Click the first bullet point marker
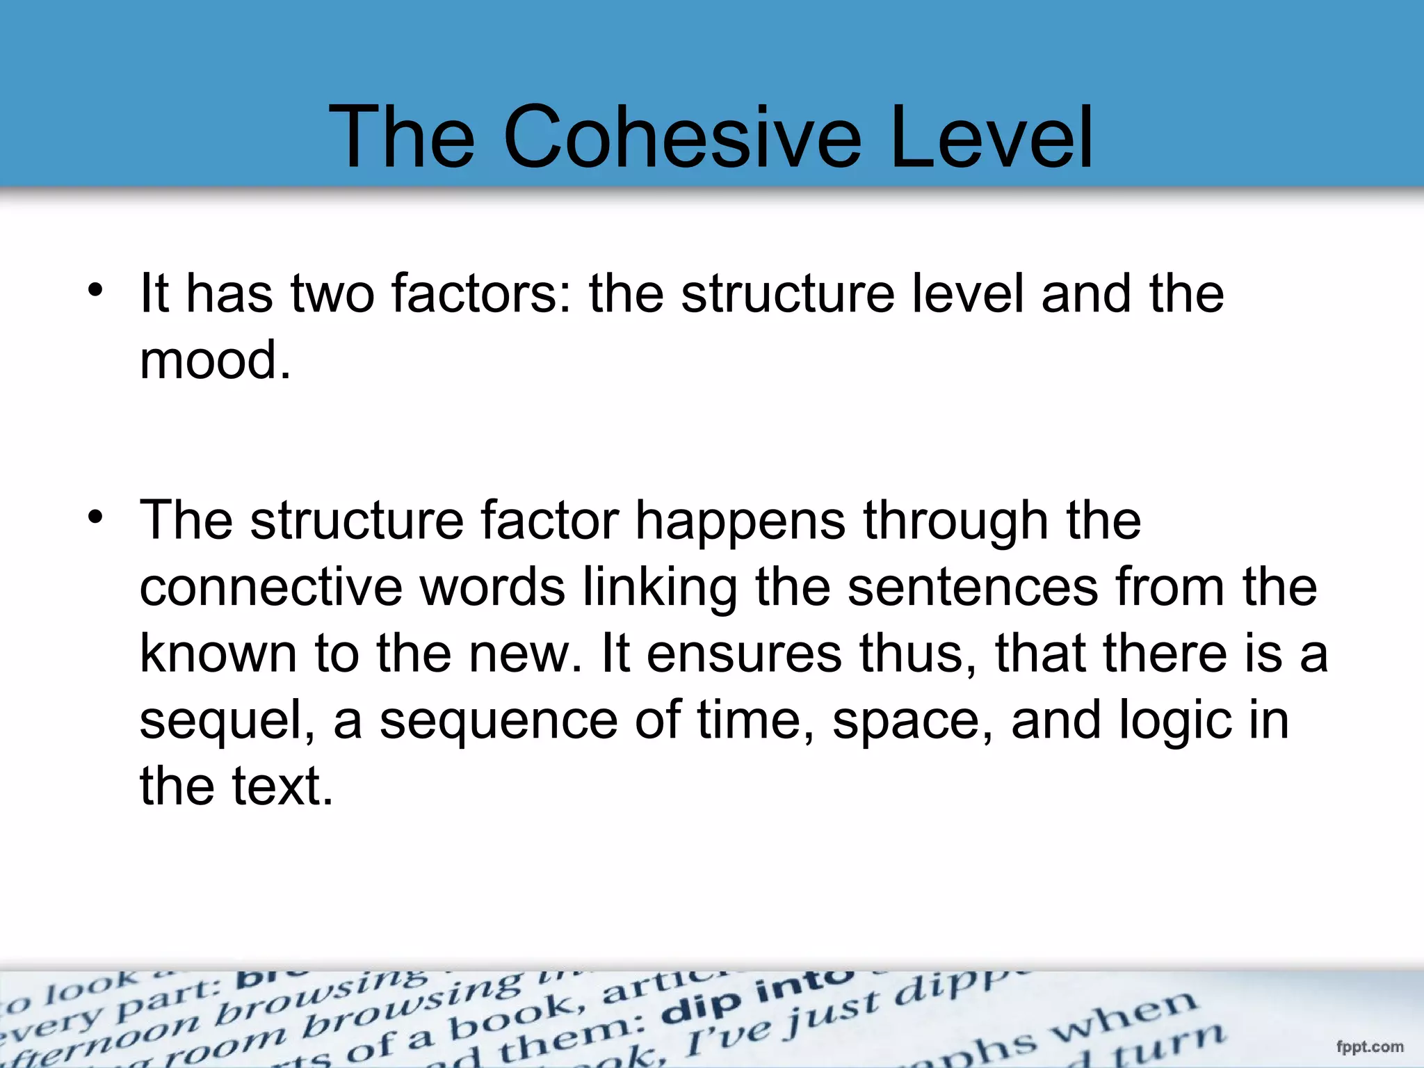tap(96, 290)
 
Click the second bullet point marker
tap(96, 517)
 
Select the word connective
tap(270, 588)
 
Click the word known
tap(218, 654)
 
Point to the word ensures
tap(744, 654)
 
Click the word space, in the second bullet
tap(913, 721)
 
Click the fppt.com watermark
tap(1369, 1046)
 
